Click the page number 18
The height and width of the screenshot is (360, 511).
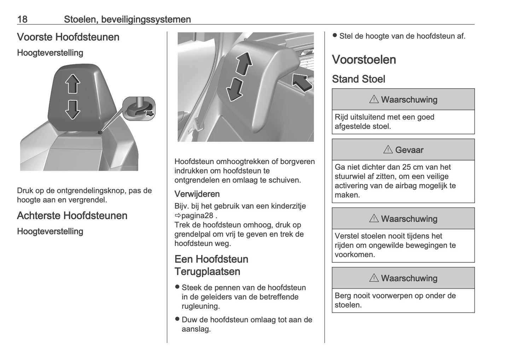click(x=22, y=19)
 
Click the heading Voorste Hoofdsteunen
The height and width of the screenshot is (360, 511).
click(x=68, y=37)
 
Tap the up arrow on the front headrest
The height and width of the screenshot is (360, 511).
click(x=72, y=84)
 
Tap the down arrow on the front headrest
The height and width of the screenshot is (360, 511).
click(x=72, y=110)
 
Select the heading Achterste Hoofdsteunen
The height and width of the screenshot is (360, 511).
click(x=72, y=216)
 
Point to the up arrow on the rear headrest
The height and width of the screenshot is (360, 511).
click(x=244, y=64)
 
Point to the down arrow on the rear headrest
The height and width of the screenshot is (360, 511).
click(x=234, y=89)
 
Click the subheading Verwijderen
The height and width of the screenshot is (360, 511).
click(x=197, y=194)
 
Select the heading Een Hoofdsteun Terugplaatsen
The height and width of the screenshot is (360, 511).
click(x=211, y=265)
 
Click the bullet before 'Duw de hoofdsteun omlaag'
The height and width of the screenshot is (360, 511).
click(x=178, y=319)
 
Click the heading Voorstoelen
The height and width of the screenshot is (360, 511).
click(x=364, y=60)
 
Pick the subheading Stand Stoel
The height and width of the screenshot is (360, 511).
click(x=358, y=79)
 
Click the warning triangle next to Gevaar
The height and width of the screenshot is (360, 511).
click(x=388, y=150)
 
